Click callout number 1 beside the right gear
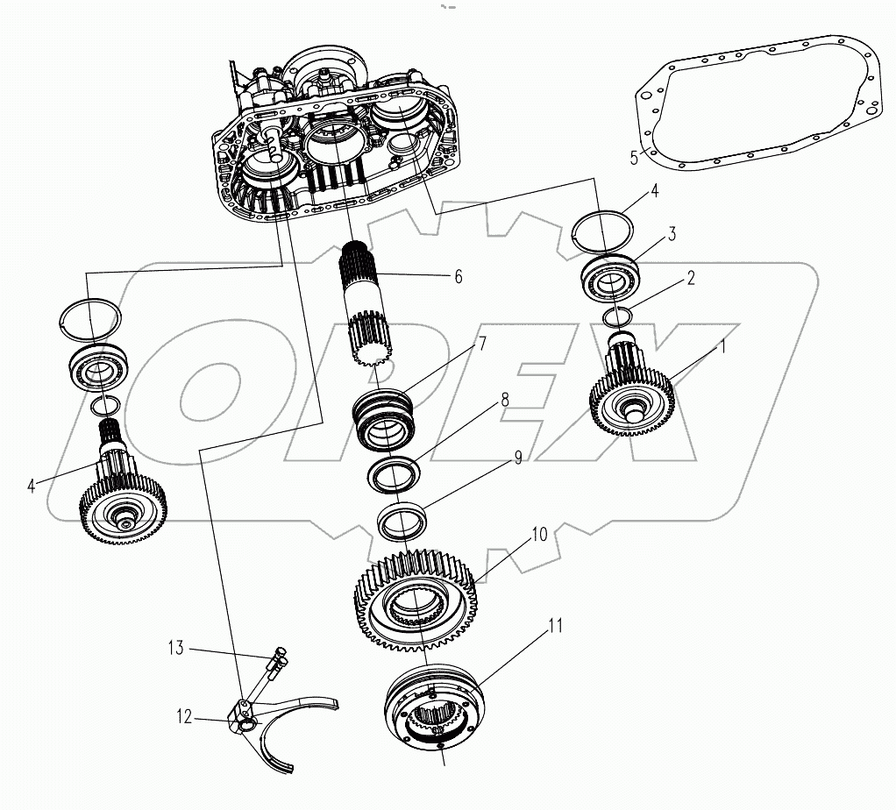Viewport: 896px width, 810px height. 723,347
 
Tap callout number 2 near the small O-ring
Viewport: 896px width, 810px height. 691,279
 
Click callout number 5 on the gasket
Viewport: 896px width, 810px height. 635,159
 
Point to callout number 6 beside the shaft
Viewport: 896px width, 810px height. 458,276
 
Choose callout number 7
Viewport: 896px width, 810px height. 481,345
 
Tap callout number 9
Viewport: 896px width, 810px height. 517,457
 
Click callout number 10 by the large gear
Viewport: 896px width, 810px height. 538,534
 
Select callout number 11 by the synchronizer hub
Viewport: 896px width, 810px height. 555,626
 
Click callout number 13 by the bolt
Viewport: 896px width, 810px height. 177,649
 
